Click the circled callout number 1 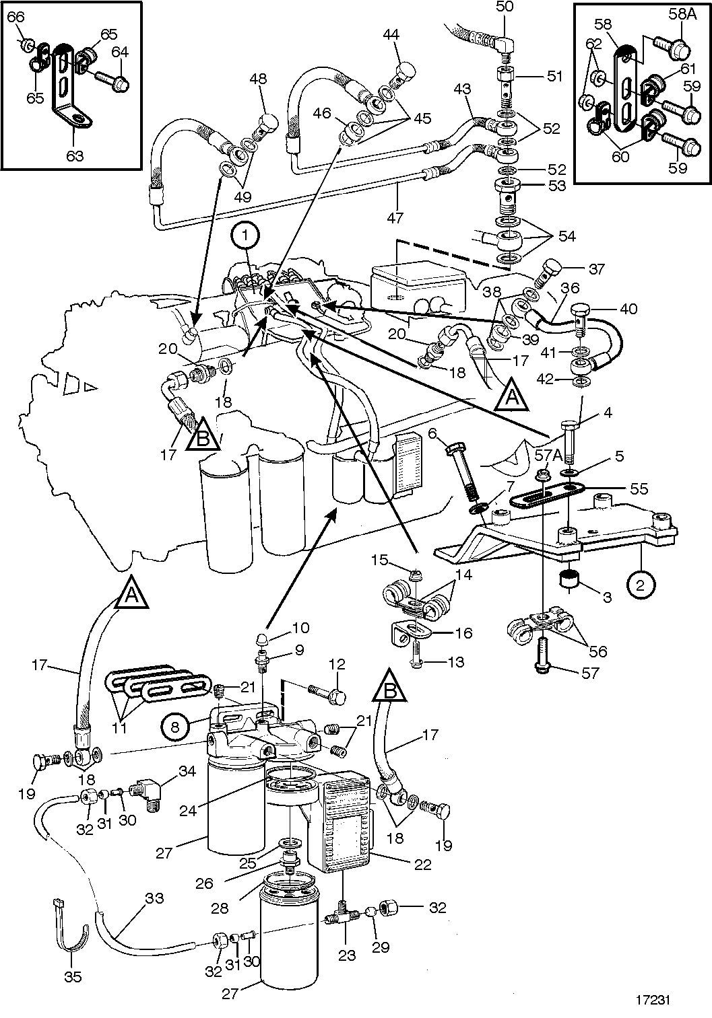click(x=246, y=237)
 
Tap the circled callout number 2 click(x=640, y=585)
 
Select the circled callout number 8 click(x=175, y=727)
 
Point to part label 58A click(x=682, y=15)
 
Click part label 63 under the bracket click(x=75, y=156)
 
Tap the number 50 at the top click(x=504, y=7)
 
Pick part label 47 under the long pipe click(x=395, y=218)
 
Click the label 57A click(x=548, y=456)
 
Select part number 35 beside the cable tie click(x=73, y=976)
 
